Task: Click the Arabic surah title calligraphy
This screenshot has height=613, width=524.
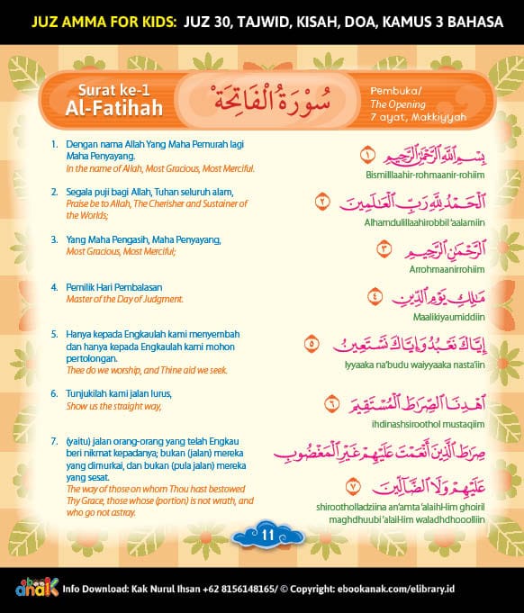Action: tap(275, 96)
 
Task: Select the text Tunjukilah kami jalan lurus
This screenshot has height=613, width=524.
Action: tap(118, 394)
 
